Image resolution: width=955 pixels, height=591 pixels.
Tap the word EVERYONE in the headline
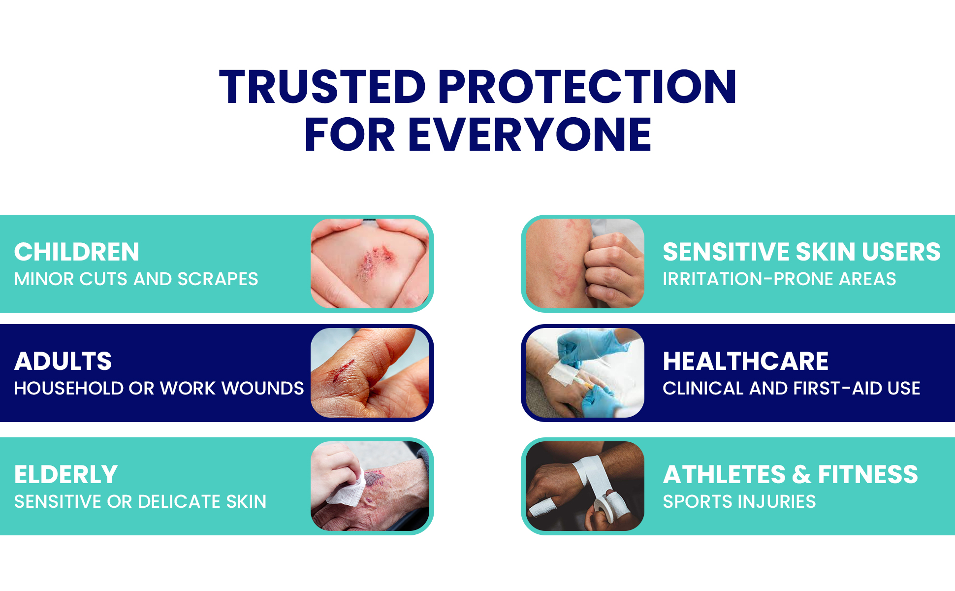pyautogui.click(x=530, y=134)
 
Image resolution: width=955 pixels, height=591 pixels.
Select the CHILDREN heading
pyautogui.click(x=77, y=252)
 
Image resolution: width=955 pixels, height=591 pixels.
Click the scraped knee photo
pyautogui.click(x=370, y=263)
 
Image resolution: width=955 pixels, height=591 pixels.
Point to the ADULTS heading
pyautogui.click(x=63, y=361)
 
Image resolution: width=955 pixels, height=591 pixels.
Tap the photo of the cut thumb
pyautogui.click(x=370, y=373)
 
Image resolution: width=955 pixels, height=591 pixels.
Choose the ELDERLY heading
pyautogui.click(x=66, y=474)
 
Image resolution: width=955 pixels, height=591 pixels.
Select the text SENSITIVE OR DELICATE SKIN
pyautogui.click(x=140, y=501)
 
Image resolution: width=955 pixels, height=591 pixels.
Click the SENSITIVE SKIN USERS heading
pyautogui.click(x=801, y=252)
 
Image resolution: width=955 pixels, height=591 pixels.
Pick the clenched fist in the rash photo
pyautogui.click(x=613, y=268)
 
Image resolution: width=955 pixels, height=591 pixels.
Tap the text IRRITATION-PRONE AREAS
pyautogui.click(x=779, y=279)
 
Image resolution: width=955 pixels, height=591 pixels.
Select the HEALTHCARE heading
pyautogui.click(x=745, y=361)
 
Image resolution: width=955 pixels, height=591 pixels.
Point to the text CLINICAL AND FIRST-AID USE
pyautogui.click(x=791, y=388)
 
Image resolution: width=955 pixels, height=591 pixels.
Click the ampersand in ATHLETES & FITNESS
pyautogui.click(x=802, y=474)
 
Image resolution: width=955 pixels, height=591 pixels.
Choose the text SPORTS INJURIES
pyautogui.click(x=739, y=501)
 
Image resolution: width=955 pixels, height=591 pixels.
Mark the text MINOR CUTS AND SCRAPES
pyautogui.click(x=136, y=279)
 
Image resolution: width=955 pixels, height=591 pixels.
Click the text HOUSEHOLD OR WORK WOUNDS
pyautogui.click(x=159, y=388)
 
